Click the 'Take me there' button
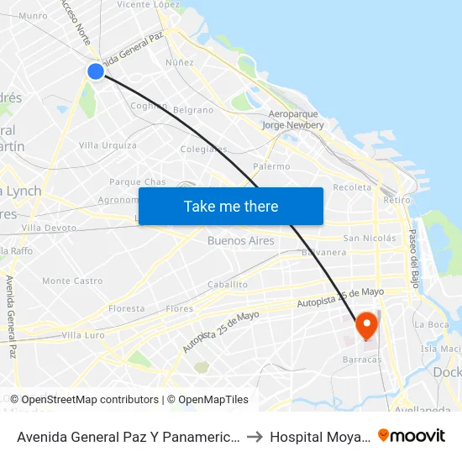pyautogui.click(x=231, y=206)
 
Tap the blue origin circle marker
pyautogui.click(x=96, y=71)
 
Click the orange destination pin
pyautogui.click(x=367, y=325)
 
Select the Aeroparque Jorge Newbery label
pyautogui.click(x=292, y=119)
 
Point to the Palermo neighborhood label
pyautogui.click(x=270, y=166)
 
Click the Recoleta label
pyautogui.click(x=352, y=186)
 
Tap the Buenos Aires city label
pyautogui.click(x=240, y=240)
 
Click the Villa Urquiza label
pyautogui.click(x=108, y=145)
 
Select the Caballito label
pyautogui.click(x=228, y=284)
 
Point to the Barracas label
pyautogui.click(x=362, y=360)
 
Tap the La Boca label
pyautogui.click(x=431, y=323)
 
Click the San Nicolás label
pyautogui.click(x=369, y=238)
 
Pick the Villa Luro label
pyautogui.click(x=82, y=334)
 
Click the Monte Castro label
pyautogui.click(x=72, y=281)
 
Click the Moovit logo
pyautogui.click(x=412, y=435)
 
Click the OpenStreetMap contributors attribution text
pyautogui.click(x=90, y=400)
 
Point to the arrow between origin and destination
pyautogui.click(x=255, y=436)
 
